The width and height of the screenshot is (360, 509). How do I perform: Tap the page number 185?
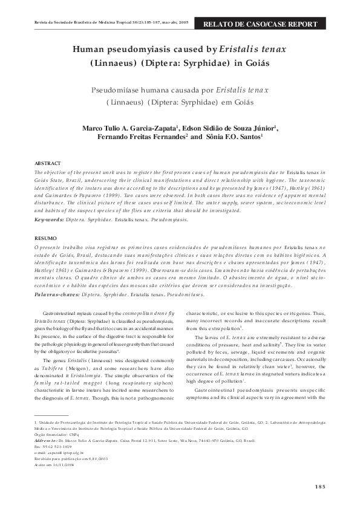(x=321, y=487)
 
